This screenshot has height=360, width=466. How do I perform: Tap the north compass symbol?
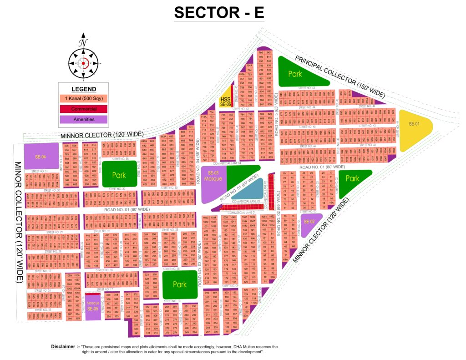83,62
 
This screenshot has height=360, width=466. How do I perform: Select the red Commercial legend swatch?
83,109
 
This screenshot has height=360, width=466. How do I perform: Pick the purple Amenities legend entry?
83,119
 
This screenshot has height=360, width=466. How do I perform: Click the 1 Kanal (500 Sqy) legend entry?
83,98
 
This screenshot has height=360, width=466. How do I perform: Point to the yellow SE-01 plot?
414,129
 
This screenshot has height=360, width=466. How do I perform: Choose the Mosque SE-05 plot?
93,306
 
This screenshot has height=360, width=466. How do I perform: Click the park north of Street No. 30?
119,174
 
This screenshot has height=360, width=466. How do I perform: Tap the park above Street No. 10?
180,284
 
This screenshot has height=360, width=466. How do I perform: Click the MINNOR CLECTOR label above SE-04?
103,135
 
